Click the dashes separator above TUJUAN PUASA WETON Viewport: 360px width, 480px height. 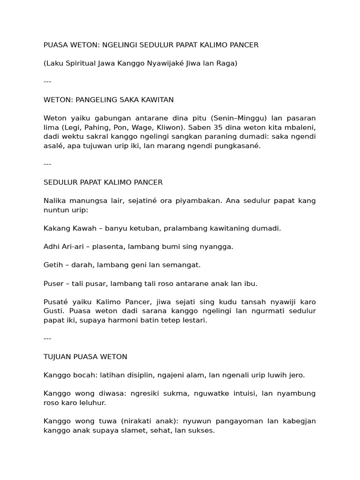point(47,338)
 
